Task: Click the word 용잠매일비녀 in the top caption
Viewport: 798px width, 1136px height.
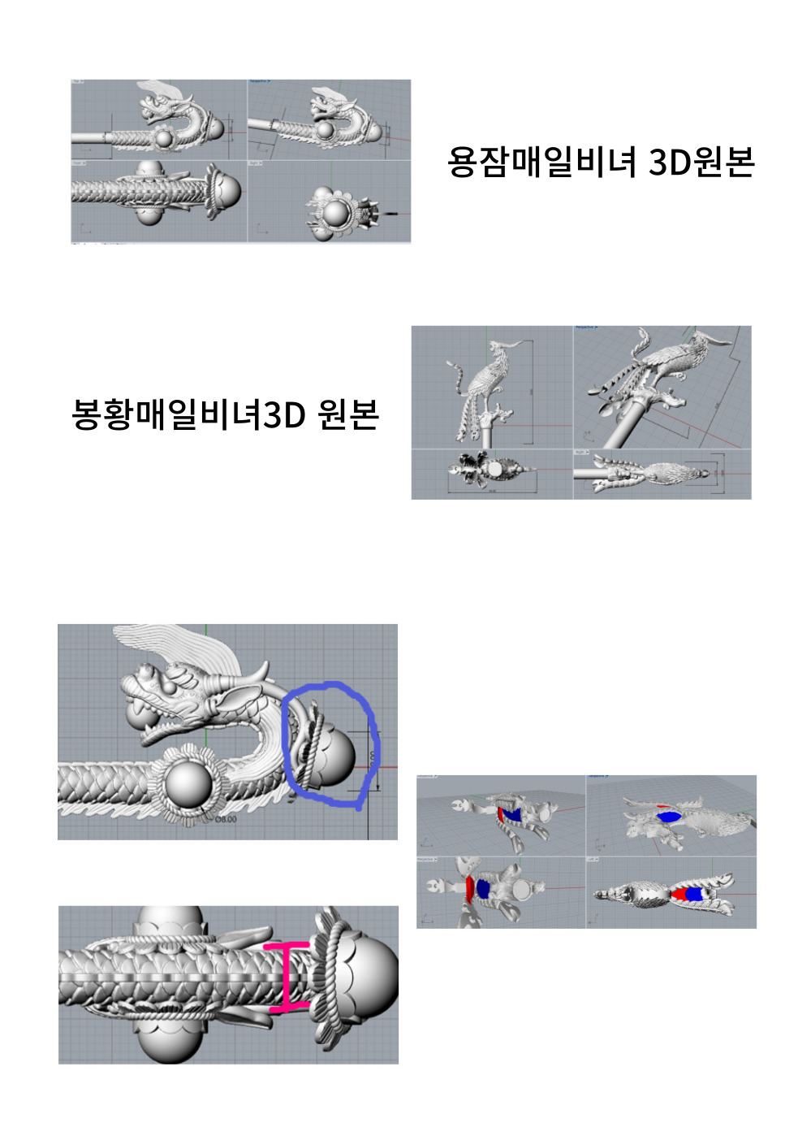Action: pyautogui.click(x=544, y=162)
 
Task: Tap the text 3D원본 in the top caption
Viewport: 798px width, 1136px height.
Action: pyautogui.click(x=701, y=162)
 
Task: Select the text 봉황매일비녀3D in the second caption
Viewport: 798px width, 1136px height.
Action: pyautogui.click(x=188, y=414)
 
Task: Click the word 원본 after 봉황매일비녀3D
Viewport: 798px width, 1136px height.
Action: pyautogui.click(x=348, y=414)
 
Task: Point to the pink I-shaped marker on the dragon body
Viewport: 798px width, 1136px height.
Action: pyautogui.click(x=287, y=978)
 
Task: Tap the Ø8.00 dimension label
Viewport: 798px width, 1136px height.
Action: pyautogui.click(x=225, y=819)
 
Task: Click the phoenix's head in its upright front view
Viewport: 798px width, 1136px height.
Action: pyautogui.click(x=494, y=349)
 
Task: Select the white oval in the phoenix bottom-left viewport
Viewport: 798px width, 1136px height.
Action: pyautogui.click(x=495, y=470)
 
